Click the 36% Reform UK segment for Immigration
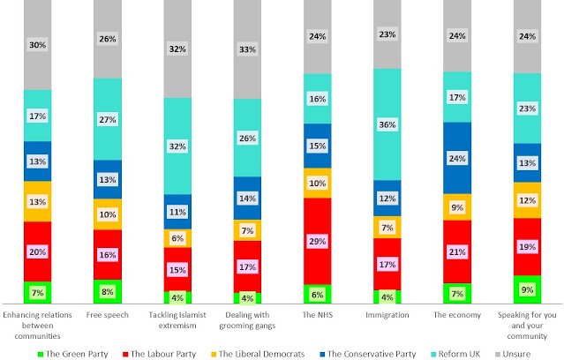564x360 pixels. point(387,124)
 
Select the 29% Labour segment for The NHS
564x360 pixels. point(317,241)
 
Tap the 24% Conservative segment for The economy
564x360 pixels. point(456,158)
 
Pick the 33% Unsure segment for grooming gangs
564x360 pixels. point(247,49)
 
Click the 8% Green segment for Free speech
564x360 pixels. point(108,292)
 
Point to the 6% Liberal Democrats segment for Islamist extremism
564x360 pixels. point(177,238)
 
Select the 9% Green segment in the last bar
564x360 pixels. point(526,289)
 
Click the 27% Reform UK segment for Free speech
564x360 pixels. point(108,119)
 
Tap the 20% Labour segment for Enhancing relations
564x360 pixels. point(38,251)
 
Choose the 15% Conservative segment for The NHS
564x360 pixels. point(317,146)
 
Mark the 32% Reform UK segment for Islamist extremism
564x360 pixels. point(177,146)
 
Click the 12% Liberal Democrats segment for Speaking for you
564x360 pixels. point(526,199)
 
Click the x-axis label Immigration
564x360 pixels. point(387,314)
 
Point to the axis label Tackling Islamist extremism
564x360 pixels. point(177,319)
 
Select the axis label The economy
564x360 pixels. point(456,314)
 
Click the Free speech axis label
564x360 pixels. point(108,314)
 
